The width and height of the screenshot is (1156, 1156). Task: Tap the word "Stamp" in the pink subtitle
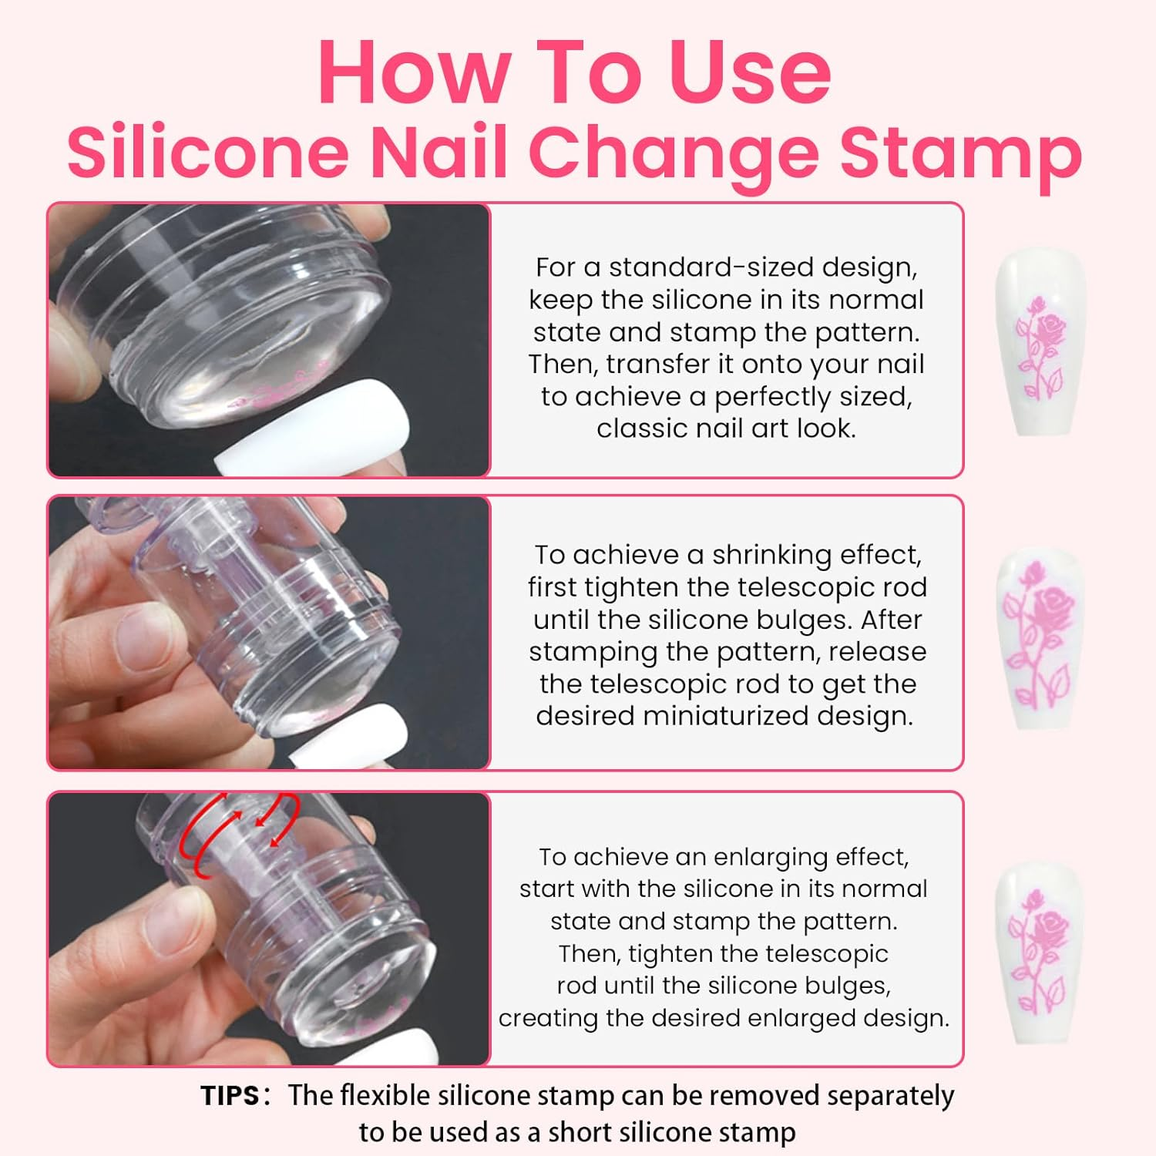[960, 151]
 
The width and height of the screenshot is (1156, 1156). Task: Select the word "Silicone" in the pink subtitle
[208, 151]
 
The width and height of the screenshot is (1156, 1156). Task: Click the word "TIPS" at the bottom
[230, 1095]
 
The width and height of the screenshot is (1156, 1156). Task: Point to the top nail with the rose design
[1040, 344]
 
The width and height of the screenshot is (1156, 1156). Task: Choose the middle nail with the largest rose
[1040, 637]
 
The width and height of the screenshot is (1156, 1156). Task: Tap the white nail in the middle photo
[351, 735]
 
